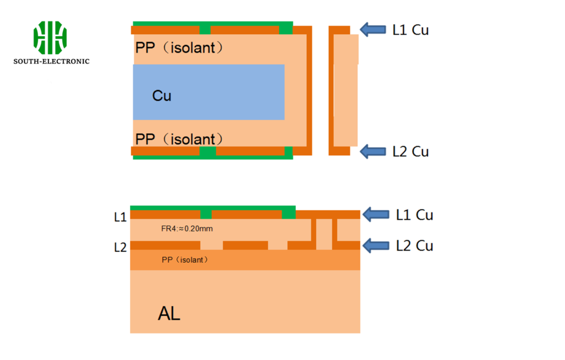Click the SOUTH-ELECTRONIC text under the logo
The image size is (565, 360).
coord(51,61)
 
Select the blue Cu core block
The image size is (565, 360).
coord(209,92)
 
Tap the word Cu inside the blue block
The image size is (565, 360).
coord(162,96)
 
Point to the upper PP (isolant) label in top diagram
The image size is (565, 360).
coord(179,48)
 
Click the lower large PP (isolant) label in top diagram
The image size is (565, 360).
coord(179,139)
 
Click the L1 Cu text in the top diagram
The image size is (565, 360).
coord(411,30)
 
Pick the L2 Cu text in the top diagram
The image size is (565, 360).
coord(411,151)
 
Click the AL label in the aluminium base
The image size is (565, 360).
coord(169,314)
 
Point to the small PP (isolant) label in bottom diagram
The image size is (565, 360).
coord(185,260)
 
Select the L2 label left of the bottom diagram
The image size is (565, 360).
coord(120,247)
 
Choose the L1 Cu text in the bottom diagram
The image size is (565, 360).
coord(414,215)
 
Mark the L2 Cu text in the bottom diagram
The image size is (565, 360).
coord(414,246)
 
